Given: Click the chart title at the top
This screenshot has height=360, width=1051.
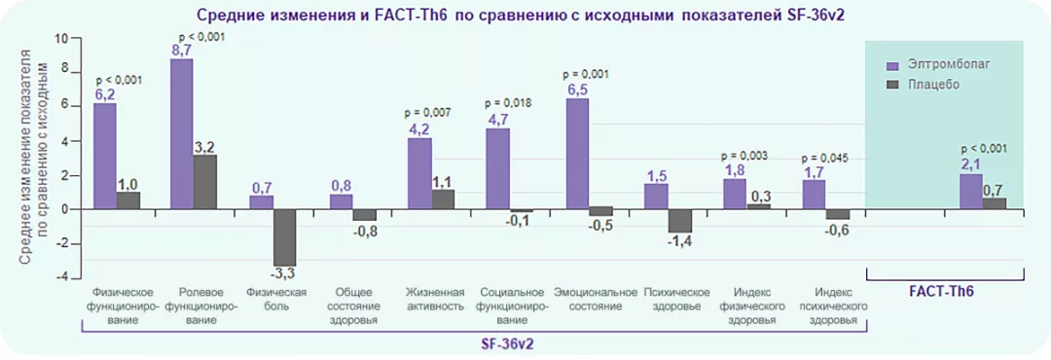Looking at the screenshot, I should coord(525,16).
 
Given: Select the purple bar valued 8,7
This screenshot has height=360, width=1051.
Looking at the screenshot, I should coord(182,133).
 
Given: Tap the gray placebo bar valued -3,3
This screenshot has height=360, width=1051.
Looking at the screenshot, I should coord(285,237).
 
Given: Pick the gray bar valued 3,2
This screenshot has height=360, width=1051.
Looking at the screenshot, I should coord(206,182).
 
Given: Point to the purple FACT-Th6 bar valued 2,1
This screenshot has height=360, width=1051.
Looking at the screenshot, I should coord(970,191).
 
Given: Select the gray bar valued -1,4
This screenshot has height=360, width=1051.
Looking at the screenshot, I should coord(680,221).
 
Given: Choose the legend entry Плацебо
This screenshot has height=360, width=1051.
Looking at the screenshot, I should coord(933,85).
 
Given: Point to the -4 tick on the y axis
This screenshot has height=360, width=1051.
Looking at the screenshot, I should coord(63,277).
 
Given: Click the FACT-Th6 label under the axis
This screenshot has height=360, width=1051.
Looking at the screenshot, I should coord(941,291).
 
